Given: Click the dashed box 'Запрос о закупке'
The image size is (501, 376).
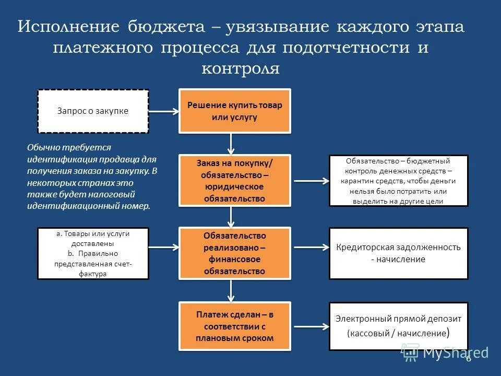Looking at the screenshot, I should click(93, 111).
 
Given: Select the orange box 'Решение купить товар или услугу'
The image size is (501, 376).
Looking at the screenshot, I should click(235, 111).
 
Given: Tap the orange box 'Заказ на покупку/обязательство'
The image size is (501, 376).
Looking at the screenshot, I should click(235, 180).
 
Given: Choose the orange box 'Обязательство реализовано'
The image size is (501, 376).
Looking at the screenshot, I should click(235, 253).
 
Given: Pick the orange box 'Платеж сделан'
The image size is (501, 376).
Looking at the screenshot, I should click(235, 326).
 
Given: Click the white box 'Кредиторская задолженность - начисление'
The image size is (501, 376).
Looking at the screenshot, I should click(399, 253).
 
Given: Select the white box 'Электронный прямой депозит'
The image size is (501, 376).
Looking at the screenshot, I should click(399, 326).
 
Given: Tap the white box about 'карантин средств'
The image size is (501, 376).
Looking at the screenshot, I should click(399, 181).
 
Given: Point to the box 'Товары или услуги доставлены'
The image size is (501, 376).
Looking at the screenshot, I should click(93, 253).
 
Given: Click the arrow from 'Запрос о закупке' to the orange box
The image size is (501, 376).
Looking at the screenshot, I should click(164, 111).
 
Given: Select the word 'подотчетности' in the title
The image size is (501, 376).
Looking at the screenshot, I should click(345, 48).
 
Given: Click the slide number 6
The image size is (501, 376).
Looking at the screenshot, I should click(468, 358).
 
